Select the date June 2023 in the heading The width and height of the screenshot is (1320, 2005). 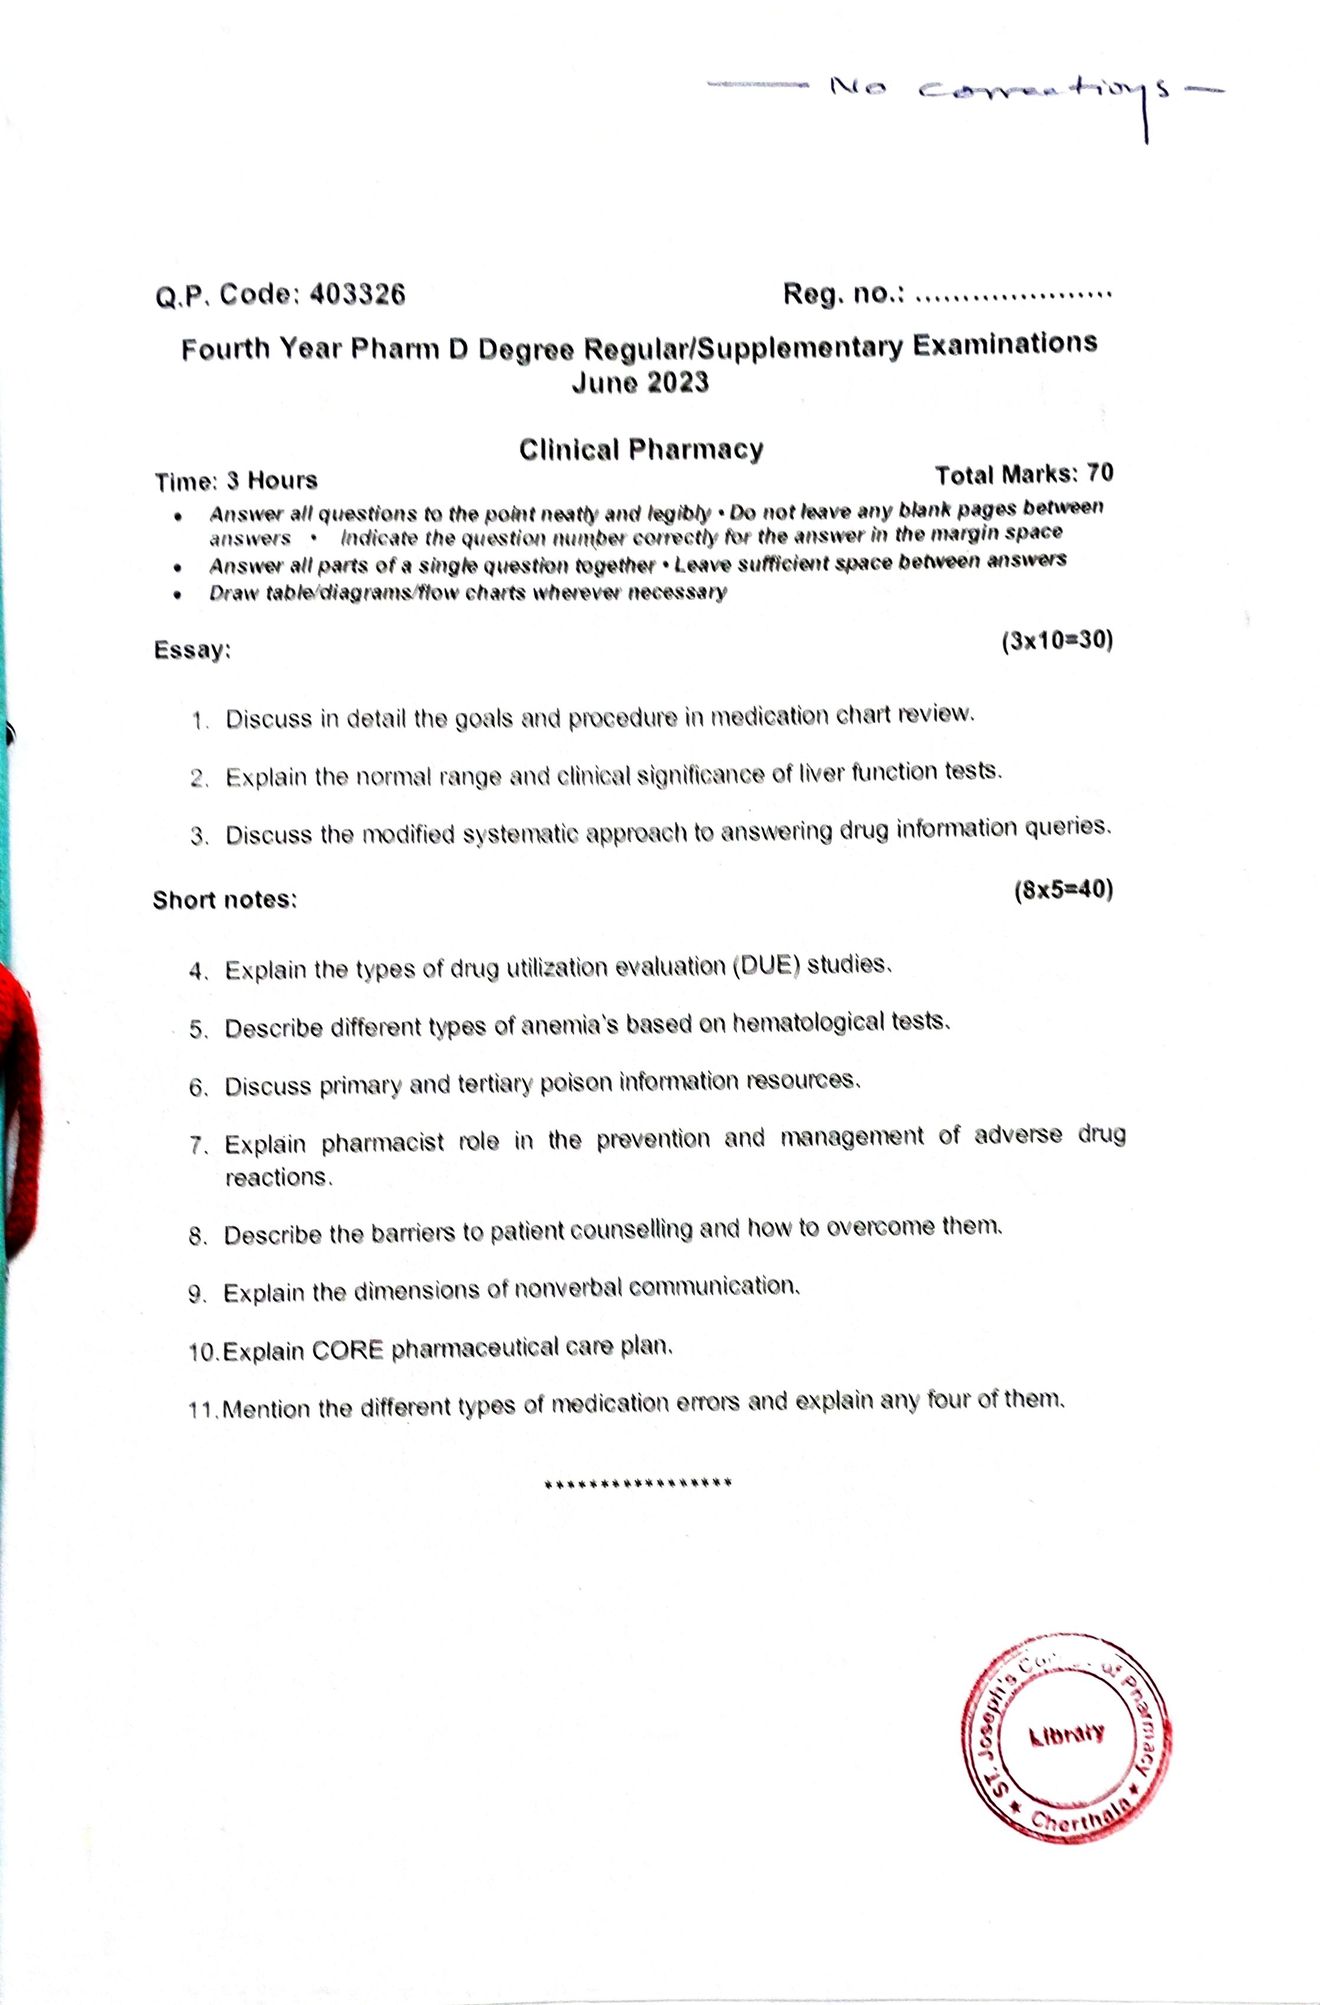tap(640, 383)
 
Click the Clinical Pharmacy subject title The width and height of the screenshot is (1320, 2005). tap(641, 450)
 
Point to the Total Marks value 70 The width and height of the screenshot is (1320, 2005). tap(1100, 473)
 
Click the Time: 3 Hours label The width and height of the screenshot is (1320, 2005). tap(236, 481)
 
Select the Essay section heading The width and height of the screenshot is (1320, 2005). tap(192, 649)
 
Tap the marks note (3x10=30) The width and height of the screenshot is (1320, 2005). tap(1056, 641)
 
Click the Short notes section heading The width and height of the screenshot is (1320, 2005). tap(225, 900)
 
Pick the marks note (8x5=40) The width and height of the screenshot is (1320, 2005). tap(1063, 889)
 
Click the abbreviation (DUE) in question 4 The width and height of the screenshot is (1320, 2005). tap(765, 966)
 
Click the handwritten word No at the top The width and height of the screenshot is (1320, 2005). tap(857, 87)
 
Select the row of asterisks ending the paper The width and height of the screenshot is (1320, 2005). tap(638, 1483)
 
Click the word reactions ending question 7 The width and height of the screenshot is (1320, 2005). tap(278, 1177)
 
